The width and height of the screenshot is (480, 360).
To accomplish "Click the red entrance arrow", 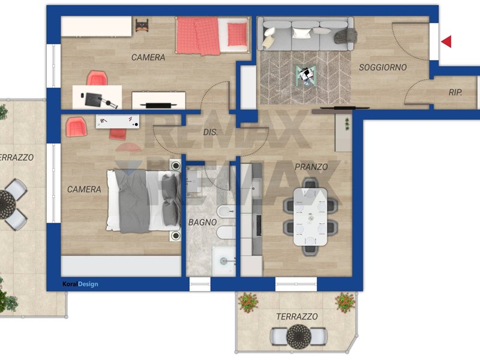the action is coord(446,41).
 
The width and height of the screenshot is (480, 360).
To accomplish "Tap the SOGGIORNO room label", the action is coord(383,67).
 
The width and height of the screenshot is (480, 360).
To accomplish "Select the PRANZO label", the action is coord(311,167).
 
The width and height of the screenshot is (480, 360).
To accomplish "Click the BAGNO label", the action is coord(202,222).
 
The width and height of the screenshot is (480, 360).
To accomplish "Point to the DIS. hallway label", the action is coord(211,132).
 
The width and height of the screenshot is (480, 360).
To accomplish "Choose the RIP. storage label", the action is coord(455,92).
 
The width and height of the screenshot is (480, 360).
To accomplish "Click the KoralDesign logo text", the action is coord(80,284).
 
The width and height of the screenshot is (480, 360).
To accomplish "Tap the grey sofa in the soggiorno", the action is coord(305,34).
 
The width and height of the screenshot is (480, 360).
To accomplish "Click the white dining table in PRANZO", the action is coord(310,217).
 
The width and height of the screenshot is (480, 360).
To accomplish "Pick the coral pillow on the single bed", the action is coord(237,34).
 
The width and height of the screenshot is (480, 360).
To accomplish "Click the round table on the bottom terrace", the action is coord(298,336).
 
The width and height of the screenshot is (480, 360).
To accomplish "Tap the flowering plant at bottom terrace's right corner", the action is coord(345,302).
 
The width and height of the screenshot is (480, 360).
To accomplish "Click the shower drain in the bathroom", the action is coord(224,261).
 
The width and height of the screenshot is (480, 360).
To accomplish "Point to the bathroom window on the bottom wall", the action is coord(200,284).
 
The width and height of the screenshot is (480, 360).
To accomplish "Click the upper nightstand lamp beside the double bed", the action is coord(176,166).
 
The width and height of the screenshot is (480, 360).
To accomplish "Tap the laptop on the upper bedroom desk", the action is coord(93,100).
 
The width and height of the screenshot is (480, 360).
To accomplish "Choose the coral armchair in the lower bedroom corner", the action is coord(76,127).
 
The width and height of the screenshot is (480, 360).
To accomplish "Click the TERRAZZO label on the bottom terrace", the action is coord(296,317).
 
